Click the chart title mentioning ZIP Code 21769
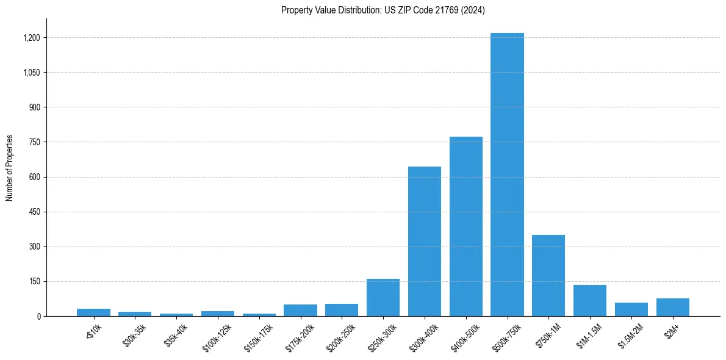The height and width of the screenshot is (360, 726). [383, 10]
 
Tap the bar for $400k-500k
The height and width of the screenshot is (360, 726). [466, 226]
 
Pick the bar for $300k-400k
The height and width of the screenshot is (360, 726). [425, 241]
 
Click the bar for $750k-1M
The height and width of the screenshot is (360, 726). [548, 275]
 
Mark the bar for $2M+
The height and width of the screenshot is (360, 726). [672, 307]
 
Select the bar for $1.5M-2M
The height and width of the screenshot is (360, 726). [631, 309]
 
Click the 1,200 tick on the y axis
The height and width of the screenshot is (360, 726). [31, 38]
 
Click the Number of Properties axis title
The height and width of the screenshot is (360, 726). [10, 168]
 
